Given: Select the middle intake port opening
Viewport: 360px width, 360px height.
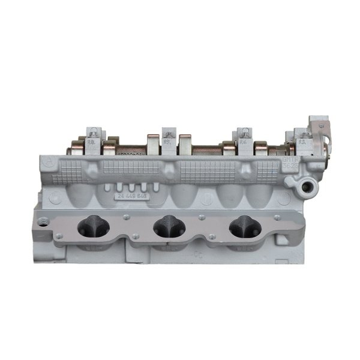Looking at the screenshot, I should [168, 226].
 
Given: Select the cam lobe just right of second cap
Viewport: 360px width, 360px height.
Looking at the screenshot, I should [185, 144].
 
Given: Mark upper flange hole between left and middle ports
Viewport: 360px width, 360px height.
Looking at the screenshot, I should [127, 214].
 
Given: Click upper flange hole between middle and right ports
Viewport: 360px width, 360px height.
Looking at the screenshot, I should [206, 214].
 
